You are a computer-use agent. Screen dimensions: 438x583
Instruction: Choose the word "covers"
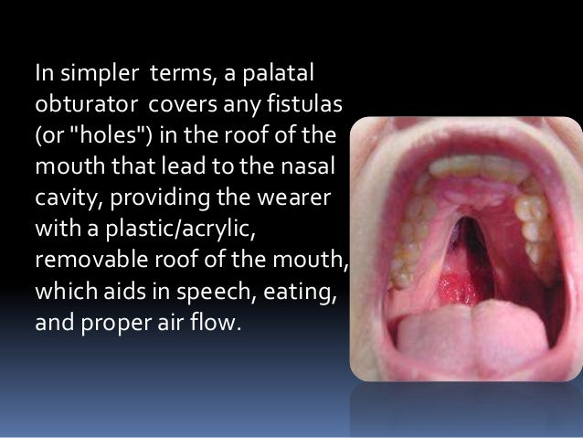[x=181, y=98]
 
